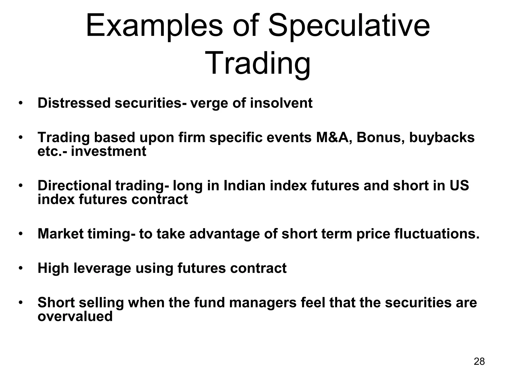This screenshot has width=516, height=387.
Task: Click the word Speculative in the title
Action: coord(349,27)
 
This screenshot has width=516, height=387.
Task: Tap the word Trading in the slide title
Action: coord(258,63)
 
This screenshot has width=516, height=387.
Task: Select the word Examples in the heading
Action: coord(154,27)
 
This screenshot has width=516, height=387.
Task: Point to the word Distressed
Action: coord(74,103)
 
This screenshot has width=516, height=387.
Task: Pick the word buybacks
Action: coord(442,138)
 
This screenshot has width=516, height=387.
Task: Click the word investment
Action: coord(108,151)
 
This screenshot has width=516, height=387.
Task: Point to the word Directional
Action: coord(74,186)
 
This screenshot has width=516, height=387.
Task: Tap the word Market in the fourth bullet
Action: coord(60,234)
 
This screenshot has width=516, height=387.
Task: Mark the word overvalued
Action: coord(75,316)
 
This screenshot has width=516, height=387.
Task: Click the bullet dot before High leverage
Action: coord(21,268)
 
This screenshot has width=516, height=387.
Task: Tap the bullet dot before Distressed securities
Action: coord(21,103)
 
